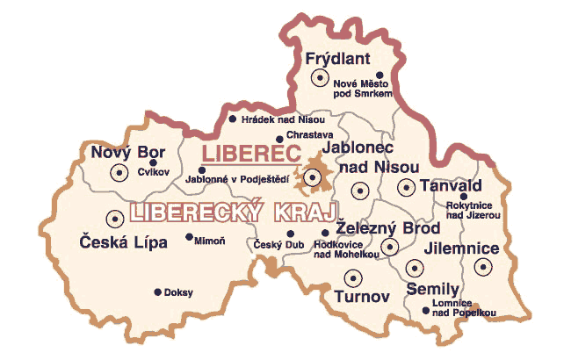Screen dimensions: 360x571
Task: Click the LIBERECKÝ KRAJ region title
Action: pyautogui.click(x=234, y=212)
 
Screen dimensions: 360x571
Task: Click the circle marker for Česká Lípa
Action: pyautogui.click(x=113, y=219)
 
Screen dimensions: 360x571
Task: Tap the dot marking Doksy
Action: pyautogui.click(x=158, y=292)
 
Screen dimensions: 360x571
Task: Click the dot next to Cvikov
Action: pyautogui.click(x=153, y=162)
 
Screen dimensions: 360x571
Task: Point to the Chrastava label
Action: pyautogui.click(x=307, y=136)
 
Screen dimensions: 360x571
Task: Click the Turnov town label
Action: pyautogui.click(x=361, y=297)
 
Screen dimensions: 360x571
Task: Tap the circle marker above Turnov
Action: pyautogui.click(x=352, y=277)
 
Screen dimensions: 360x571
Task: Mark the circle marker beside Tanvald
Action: pyautogui.click(x=407, y=186)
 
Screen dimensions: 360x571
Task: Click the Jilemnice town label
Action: pyautogui.click(x=460, y=248)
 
